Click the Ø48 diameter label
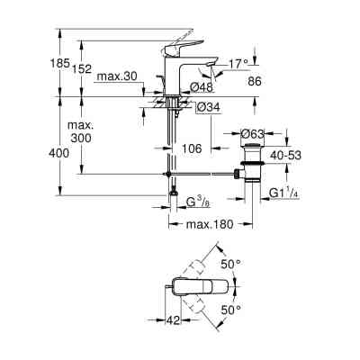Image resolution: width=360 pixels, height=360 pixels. tap(203, 88)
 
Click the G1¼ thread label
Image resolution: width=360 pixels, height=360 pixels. tap(287, 191)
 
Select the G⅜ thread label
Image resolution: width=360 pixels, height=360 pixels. tap(197, 202)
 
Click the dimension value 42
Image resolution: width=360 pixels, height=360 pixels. tap(173, 319)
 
